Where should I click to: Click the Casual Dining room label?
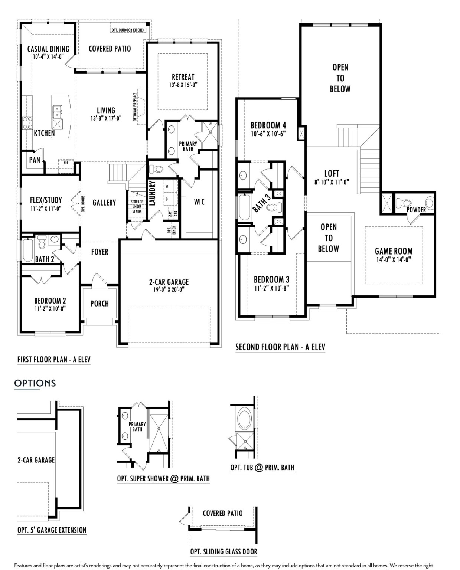(x=48, y=49)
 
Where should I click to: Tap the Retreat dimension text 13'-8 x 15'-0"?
(x=183, y=85)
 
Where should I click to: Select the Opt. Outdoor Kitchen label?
(x=128, y=30)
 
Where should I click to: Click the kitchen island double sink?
(x=57, y=109)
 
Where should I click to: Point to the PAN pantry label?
(x=35, y=160)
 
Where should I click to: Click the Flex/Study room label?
(x=46, y=200)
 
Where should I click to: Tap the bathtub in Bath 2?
(x=28, y=250)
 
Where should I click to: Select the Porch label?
(x=99, y=304)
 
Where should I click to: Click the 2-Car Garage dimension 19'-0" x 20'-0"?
(x=169, y=290)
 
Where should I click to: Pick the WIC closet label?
(x=199, y=202)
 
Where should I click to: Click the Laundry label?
(x=152, y=193)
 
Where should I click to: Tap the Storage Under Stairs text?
(x=137, y=206)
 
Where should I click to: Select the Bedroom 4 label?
(x=268, y=125)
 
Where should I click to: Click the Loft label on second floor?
(x=332, y=173)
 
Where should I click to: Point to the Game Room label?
(x=394, y=251)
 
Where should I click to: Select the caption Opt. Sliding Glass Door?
(x=224, y=552)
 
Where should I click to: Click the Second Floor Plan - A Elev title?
(x=280, y=347)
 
